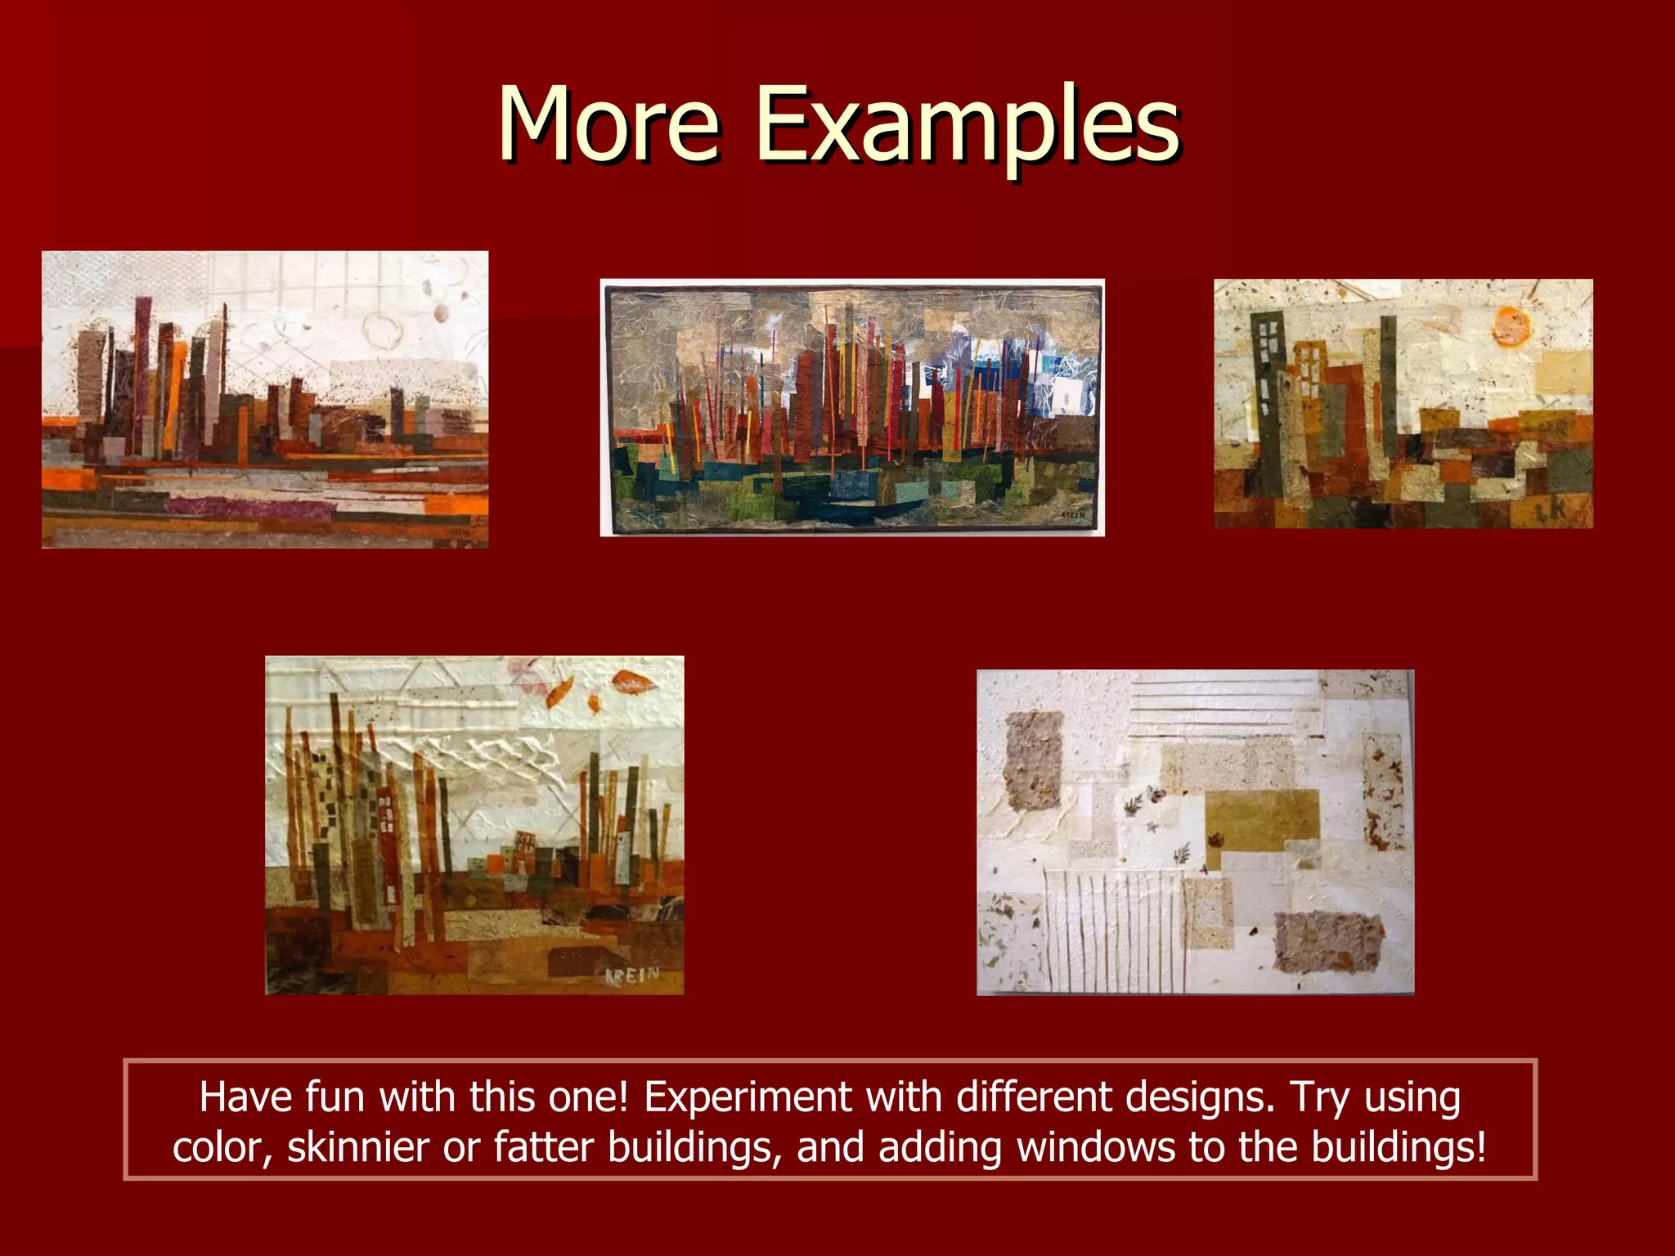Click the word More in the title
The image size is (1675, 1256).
(608, 125)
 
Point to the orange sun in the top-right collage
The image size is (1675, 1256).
(1511, 325)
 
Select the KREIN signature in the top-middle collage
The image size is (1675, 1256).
(1071, 515)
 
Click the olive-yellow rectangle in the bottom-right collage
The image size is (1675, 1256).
(1262, 819)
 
